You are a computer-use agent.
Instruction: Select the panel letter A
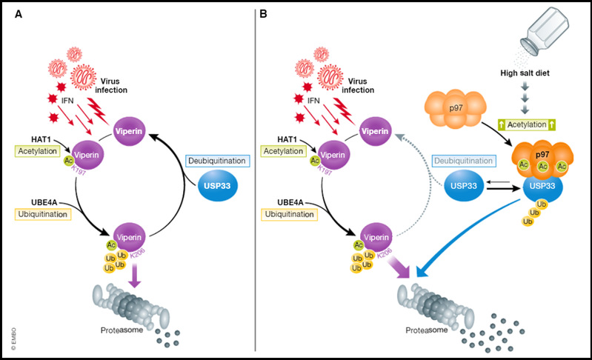(17, 13)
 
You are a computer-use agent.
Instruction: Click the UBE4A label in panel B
(281, 201)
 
